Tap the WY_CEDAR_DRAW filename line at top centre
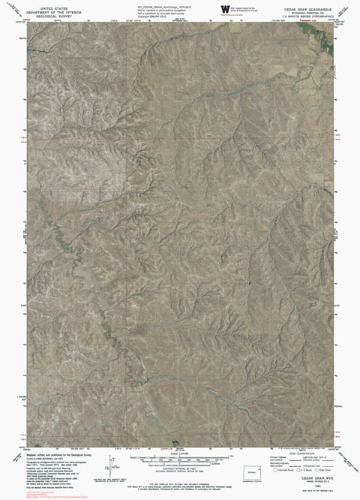coord(161,5)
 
